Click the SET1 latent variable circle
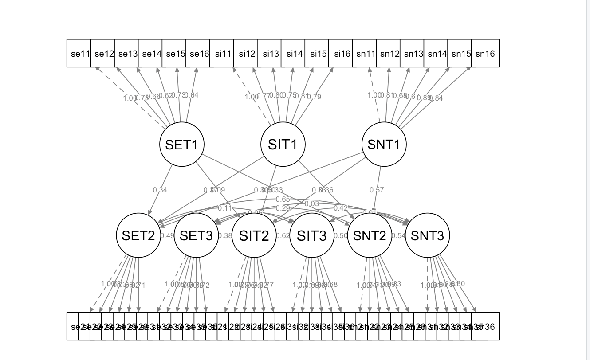coord(181,145)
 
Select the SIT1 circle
coord(283,145)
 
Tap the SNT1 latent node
coord(384,145)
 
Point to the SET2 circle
coord(138,236)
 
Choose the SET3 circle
coord(196,236)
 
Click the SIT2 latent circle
coord(254,236)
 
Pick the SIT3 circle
coord(311,236)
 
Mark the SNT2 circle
coord(370,236)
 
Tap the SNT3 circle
coord(427,236)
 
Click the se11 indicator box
coord(79,54)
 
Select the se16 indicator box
coord(198,54)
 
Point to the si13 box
coord(270,54)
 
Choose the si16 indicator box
coord(341,54)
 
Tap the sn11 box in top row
coord(365,54)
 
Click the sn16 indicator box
coord(485,54)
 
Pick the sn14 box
coord(436,54)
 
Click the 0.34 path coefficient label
coord(160,190)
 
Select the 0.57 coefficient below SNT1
coord(377,190)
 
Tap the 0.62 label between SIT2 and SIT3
coord(283,236)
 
